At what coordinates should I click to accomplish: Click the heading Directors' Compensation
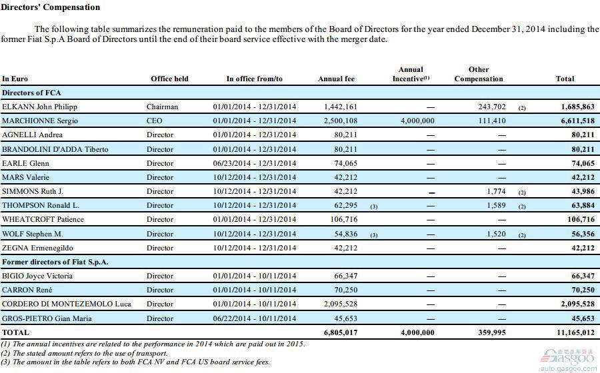coord(51,7)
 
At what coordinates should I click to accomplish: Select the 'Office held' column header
coord(169,79)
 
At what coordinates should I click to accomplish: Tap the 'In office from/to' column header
coord(255,79)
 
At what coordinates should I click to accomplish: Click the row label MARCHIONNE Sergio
coord(40,121)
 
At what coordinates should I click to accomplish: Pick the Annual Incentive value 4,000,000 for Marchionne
coord(417,121)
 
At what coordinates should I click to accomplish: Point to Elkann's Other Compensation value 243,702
coord(492,107)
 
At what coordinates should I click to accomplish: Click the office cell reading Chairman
coord(162,107)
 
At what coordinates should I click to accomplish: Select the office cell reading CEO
coord(154,121)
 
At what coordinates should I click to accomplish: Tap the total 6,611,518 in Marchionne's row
coord(578,121)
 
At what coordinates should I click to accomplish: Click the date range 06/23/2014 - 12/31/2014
coord(255,163)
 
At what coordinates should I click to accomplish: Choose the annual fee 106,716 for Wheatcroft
coord(343,219)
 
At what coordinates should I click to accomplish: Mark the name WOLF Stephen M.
coord(33,234)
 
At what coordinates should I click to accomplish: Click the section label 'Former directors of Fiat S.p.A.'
coord(55,262)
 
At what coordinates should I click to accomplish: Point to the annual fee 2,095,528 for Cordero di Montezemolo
coord(341,304)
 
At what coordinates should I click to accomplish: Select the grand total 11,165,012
coord(575,332)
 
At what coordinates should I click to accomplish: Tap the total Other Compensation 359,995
coord(492,332)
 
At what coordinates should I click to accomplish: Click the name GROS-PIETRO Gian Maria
coord(47,318)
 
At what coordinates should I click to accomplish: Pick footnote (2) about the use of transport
coord(84,353)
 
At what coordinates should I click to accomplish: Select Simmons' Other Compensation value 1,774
coord(496,191)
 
